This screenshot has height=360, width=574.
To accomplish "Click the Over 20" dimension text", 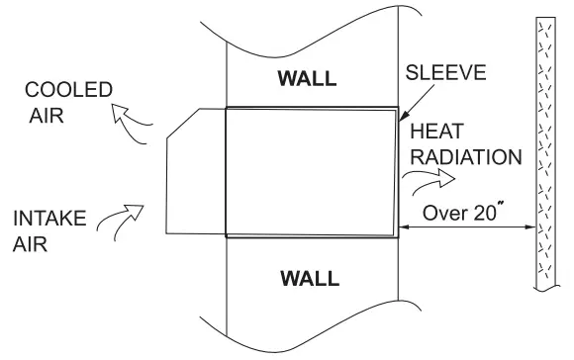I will pyautogui.click(x=462, y=211).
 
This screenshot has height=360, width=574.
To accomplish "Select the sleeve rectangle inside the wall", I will pyautogui.click(x=312, y=173).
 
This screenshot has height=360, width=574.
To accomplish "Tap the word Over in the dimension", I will pyautogui.click(x=441, y=211).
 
